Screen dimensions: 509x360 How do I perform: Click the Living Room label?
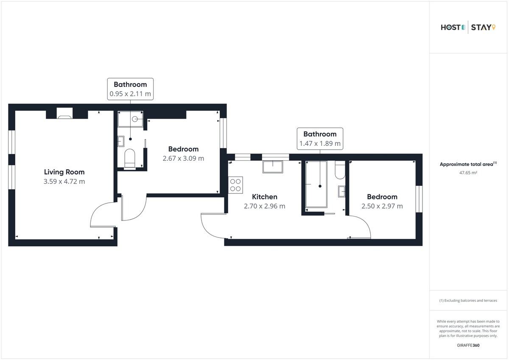pyautogui.click(x=64, y=172)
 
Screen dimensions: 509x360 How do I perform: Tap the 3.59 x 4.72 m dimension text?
pyautogui.click(x=64, y=181)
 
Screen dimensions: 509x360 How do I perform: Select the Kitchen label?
pyautogui.click(x=265, y=197)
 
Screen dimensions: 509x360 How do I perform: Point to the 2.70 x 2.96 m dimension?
pyautogui.click(x=265, y=206)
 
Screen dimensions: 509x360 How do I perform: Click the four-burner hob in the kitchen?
pyautogui.click(x=235, y=185)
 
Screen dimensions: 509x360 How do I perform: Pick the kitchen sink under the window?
pyautogui.click(x=273, y=167)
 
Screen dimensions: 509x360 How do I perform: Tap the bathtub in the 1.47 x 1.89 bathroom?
pyautogui.click(x=316, y=184)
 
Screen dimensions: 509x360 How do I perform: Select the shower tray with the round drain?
pyautogui.click(x=131, y=119)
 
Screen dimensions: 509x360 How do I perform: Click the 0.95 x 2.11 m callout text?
pyautogui.click(x=130, y=94)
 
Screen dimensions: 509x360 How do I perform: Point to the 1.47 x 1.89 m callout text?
pyautogui.click(x=320, y=143)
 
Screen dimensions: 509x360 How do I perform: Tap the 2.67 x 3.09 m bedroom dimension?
pyautogui.click(x=183, y=158)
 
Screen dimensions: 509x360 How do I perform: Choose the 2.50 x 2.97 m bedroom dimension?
pyautogui.click(x=382, y=206)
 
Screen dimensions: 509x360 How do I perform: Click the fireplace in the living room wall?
pyautogui.click(x=64, y=115)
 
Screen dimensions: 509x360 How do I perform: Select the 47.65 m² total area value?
pyautogui.click(x=468, y=173)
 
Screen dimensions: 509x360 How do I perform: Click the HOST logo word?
pyautogui.click(x=450, y=28)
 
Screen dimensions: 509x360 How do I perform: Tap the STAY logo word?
pyautogui.click(x=481, y=28)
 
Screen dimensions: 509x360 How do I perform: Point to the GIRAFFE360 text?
pyautogui.click(x=468, y=345)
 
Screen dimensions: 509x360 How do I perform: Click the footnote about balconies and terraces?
pyautogui.click(x=468, y=301)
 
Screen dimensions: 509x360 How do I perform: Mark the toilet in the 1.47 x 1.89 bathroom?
pyautogui.click(x=340, y=170)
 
